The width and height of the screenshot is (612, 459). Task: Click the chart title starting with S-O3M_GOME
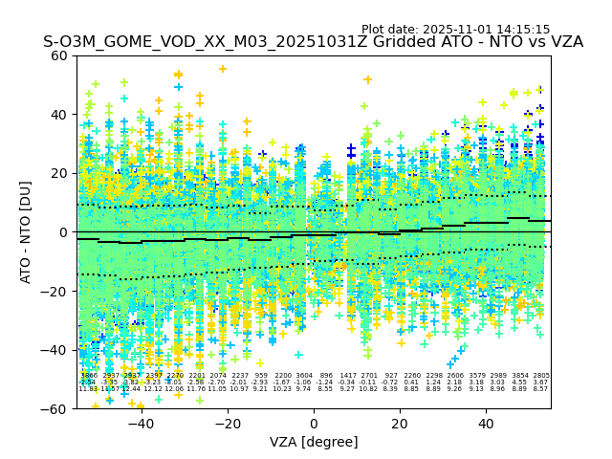pos(313,43)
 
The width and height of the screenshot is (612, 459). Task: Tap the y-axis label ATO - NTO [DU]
pos(27,231)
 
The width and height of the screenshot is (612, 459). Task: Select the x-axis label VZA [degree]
pos(313,442)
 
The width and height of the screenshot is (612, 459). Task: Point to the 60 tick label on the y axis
pos(60,55)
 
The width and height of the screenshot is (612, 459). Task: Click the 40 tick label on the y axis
pos(60,115)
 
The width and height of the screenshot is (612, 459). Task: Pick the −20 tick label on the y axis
pos(56,291)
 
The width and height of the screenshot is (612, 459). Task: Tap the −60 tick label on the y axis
pos(56,408)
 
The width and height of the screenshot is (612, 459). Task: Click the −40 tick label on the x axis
pos(141,423)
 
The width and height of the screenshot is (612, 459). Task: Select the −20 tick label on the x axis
pos(227,423)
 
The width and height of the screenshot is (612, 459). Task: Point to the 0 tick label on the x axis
pos(314,423)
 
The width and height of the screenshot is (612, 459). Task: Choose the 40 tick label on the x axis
pos(486,423)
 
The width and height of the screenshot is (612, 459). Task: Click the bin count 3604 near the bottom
pos(304,376)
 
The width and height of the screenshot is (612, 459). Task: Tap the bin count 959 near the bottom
pos(261,376)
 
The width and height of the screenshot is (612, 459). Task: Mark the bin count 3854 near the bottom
pos(520,376)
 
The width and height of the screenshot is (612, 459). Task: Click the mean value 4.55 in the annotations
pos(520,382)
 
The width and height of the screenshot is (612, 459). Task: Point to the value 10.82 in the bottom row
pos(369,389)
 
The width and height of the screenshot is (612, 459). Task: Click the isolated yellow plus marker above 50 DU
pos(222,69)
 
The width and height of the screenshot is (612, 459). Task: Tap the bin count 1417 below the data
pos(347,376)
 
